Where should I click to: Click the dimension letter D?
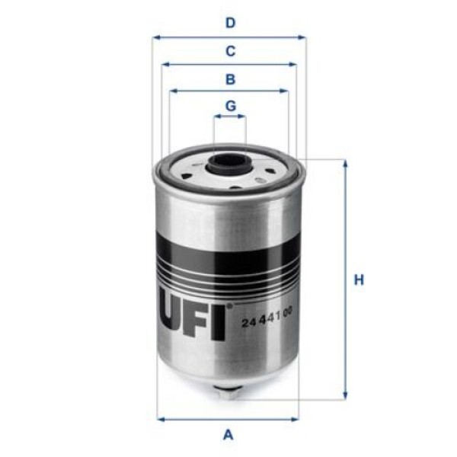pos(229,23)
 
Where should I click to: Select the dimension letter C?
pos(229,52)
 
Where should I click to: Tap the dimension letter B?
pos(229,78)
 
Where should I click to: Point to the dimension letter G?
pos(229,105)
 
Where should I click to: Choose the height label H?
pos(359,280)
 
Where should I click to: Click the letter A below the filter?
pos(227,435)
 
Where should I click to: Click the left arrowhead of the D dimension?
pos(155,37)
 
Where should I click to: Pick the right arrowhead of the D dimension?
pos(302,37)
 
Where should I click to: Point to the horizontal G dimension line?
pos(229,117)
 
